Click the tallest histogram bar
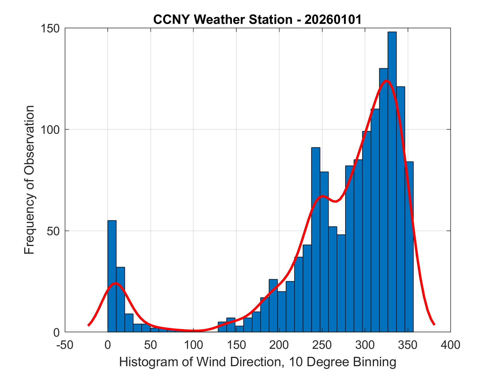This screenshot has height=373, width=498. [392, 182]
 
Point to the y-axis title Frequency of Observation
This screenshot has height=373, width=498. [29, 180]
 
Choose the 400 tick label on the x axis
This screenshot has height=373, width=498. [450, 345]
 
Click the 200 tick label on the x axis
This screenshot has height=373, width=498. [279, 345]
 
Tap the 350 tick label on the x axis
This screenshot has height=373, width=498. [408, 345]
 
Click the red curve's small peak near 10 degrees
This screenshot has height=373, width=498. [115, 283]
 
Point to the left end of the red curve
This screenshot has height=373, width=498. [89, 325]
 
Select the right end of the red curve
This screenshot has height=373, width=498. [434, 324]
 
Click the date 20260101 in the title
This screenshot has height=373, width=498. [333, 19]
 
